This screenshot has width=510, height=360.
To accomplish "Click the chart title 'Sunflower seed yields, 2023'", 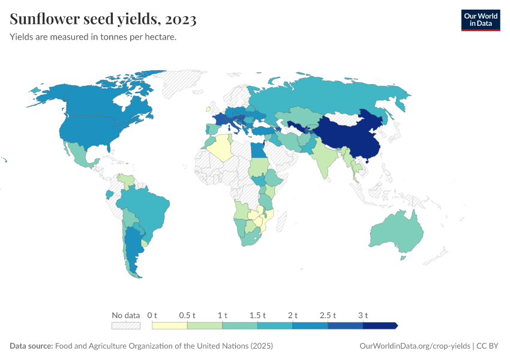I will (103, 20).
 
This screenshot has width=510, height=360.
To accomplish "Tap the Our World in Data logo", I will (480, 20).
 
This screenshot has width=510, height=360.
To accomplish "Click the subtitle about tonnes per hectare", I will (93, 37).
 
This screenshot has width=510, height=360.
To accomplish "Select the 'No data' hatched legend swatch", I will (126, 326).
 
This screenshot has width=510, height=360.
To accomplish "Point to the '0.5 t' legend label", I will (187, 315).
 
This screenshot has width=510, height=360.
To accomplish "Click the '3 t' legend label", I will (363, 315).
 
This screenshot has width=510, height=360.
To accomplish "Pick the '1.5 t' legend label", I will (257, 315).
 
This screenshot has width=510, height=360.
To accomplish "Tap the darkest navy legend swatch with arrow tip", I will (380, 326).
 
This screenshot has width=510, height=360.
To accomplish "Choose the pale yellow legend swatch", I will (170, 326).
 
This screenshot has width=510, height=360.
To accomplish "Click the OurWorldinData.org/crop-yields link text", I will (414, 346).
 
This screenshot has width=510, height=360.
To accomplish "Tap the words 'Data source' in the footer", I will (31, 346).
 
